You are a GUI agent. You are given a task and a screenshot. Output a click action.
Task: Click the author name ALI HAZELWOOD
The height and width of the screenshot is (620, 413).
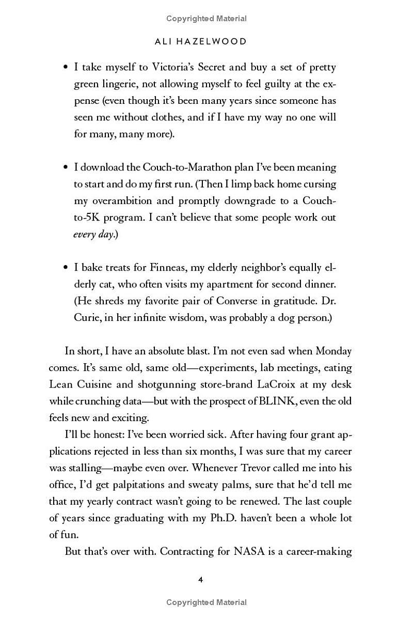tap(201, 42)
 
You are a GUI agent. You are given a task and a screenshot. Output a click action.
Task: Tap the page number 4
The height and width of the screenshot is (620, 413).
tap(201, 580)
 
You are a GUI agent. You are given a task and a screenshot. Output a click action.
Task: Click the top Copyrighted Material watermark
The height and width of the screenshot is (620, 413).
tap(206, 19)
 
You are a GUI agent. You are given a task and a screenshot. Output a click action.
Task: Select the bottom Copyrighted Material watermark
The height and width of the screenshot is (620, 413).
tap(206, 602)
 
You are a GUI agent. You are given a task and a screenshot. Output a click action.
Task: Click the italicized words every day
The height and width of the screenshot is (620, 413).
tap(93, 234)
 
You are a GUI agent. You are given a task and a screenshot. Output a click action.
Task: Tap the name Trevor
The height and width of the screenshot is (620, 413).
tap(275, 468)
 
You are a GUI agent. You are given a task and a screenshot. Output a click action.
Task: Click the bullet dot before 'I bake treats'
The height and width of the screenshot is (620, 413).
tap(66, 268)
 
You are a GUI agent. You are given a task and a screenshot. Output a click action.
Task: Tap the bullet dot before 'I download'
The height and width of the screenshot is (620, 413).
tap(66, 168)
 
